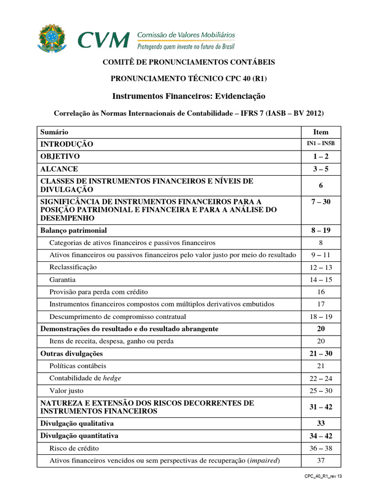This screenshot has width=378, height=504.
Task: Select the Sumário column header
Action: tap(55, 132)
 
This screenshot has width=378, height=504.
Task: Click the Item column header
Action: tap(320, 132)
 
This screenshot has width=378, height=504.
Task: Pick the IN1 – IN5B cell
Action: tap(320, 144)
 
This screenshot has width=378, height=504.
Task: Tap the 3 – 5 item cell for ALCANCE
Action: tap(320, 169)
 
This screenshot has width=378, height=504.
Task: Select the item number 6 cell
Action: tap(320, 186)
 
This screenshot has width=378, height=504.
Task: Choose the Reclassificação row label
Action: tap(73, 267)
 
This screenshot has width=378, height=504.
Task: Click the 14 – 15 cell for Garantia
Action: tap(320, 280)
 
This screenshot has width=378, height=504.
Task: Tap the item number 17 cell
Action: tap(320, 304)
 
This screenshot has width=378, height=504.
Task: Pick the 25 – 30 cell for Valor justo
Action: tap(320, 391)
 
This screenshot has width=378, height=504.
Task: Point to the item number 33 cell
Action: tap(320, 423)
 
